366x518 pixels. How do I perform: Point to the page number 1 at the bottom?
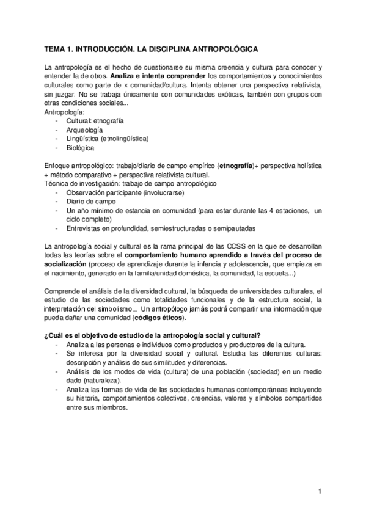(x=320, y=491)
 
